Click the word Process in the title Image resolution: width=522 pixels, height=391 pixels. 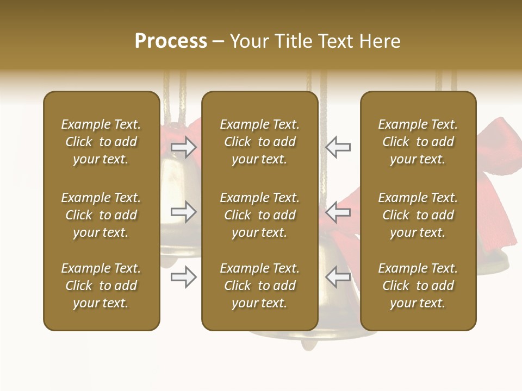point(171,41)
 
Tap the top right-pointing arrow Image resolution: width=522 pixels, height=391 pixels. point(184,147)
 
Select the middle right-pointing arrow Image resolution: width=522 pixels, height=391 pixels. point(184,212)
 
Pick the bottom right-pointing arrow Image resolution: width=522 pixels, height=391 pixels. point(184,277)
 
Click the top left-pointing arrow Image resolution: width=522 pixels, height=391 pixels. point(338,147)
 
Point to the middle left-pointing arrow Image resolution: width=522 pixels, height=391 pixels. point(338,212)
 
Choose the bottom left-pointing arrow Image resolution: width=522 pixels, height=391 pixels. point(338,277)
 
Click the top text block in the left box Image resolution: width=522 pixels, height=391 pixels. point(101,142)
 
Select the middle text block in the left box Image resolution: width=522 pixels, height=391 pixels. point(101,215)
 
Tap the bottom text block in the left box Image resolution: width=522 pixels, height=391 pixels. point(101,286)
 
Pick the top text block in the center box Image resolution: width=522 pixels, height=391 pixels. point(260,142)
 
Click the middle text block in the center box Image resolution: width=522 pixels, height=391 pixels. point(260,215)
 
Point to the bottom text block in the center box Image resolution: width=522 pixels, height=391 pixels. point(260,286)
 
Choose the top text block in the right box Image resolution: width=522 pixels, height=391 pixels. point(418,142)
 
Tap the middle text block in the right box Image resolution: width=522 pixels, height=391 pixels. point(418,215)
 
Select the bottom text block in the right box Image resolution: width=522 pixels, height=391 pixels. point(418,286)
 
